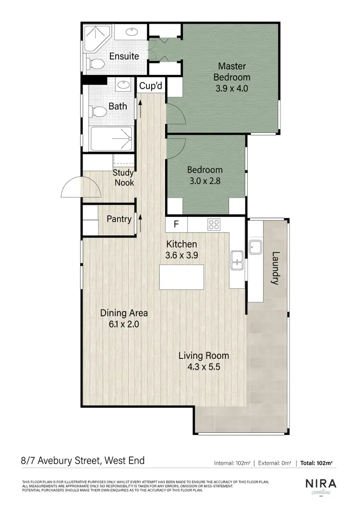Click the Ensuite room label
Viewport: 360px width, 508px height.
coord(124,56)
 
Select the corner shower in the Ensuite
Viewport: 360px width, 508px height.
coord(97,35)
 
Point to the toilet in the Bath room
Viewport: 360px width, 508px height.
coord(98,112)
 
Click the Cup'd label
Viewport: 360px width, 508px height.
coord(150,86)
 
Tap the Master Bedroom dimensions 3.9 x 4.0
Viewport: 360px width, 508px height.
coord(232,88)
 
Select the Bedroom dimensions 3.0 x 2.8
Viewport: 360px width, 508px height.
coord(205,181)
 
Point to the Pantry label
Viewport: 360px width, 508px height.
coord(119,219)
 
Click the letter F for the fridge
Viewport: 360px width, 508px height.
coord(176,224)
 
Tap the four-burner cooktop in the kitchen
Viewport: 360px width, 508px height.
coord(213,224)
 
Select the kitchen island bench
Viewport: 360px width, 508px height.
coord(181,277)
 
